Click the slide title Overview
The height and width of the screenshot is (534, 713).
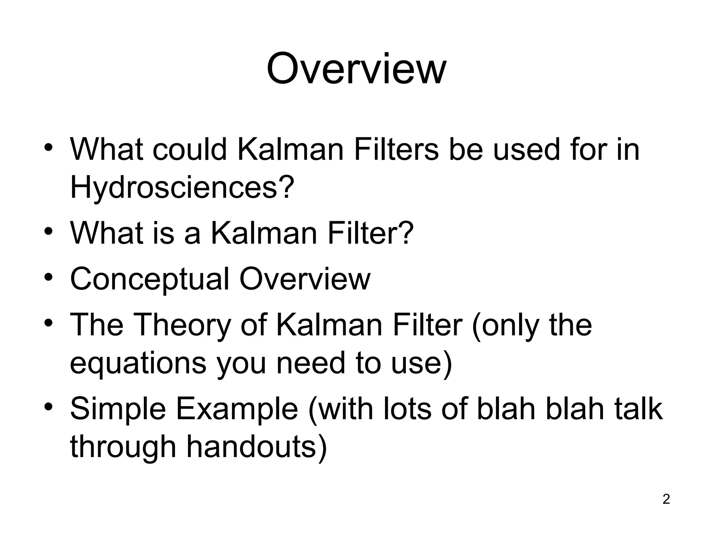click(x=356, y=68)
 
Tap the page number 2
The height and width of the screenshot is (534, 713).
click(x=666, y=499)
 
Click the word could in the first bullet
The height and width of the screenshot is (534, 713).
click(x=190, y=149)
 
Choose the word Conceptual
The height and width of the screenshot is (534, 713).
click(x=150, y=279)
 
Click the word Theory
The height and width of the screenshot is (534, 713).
click(x=181, y=325)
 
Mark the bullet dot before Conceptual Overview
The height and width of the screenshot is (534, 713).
click(x=48, y=278)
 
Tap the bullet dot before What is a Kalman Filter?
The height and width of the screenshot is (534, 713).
click(x=48, y=231)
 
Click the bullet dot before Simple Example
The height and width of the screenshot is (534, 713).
click(x=48, y=406)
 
